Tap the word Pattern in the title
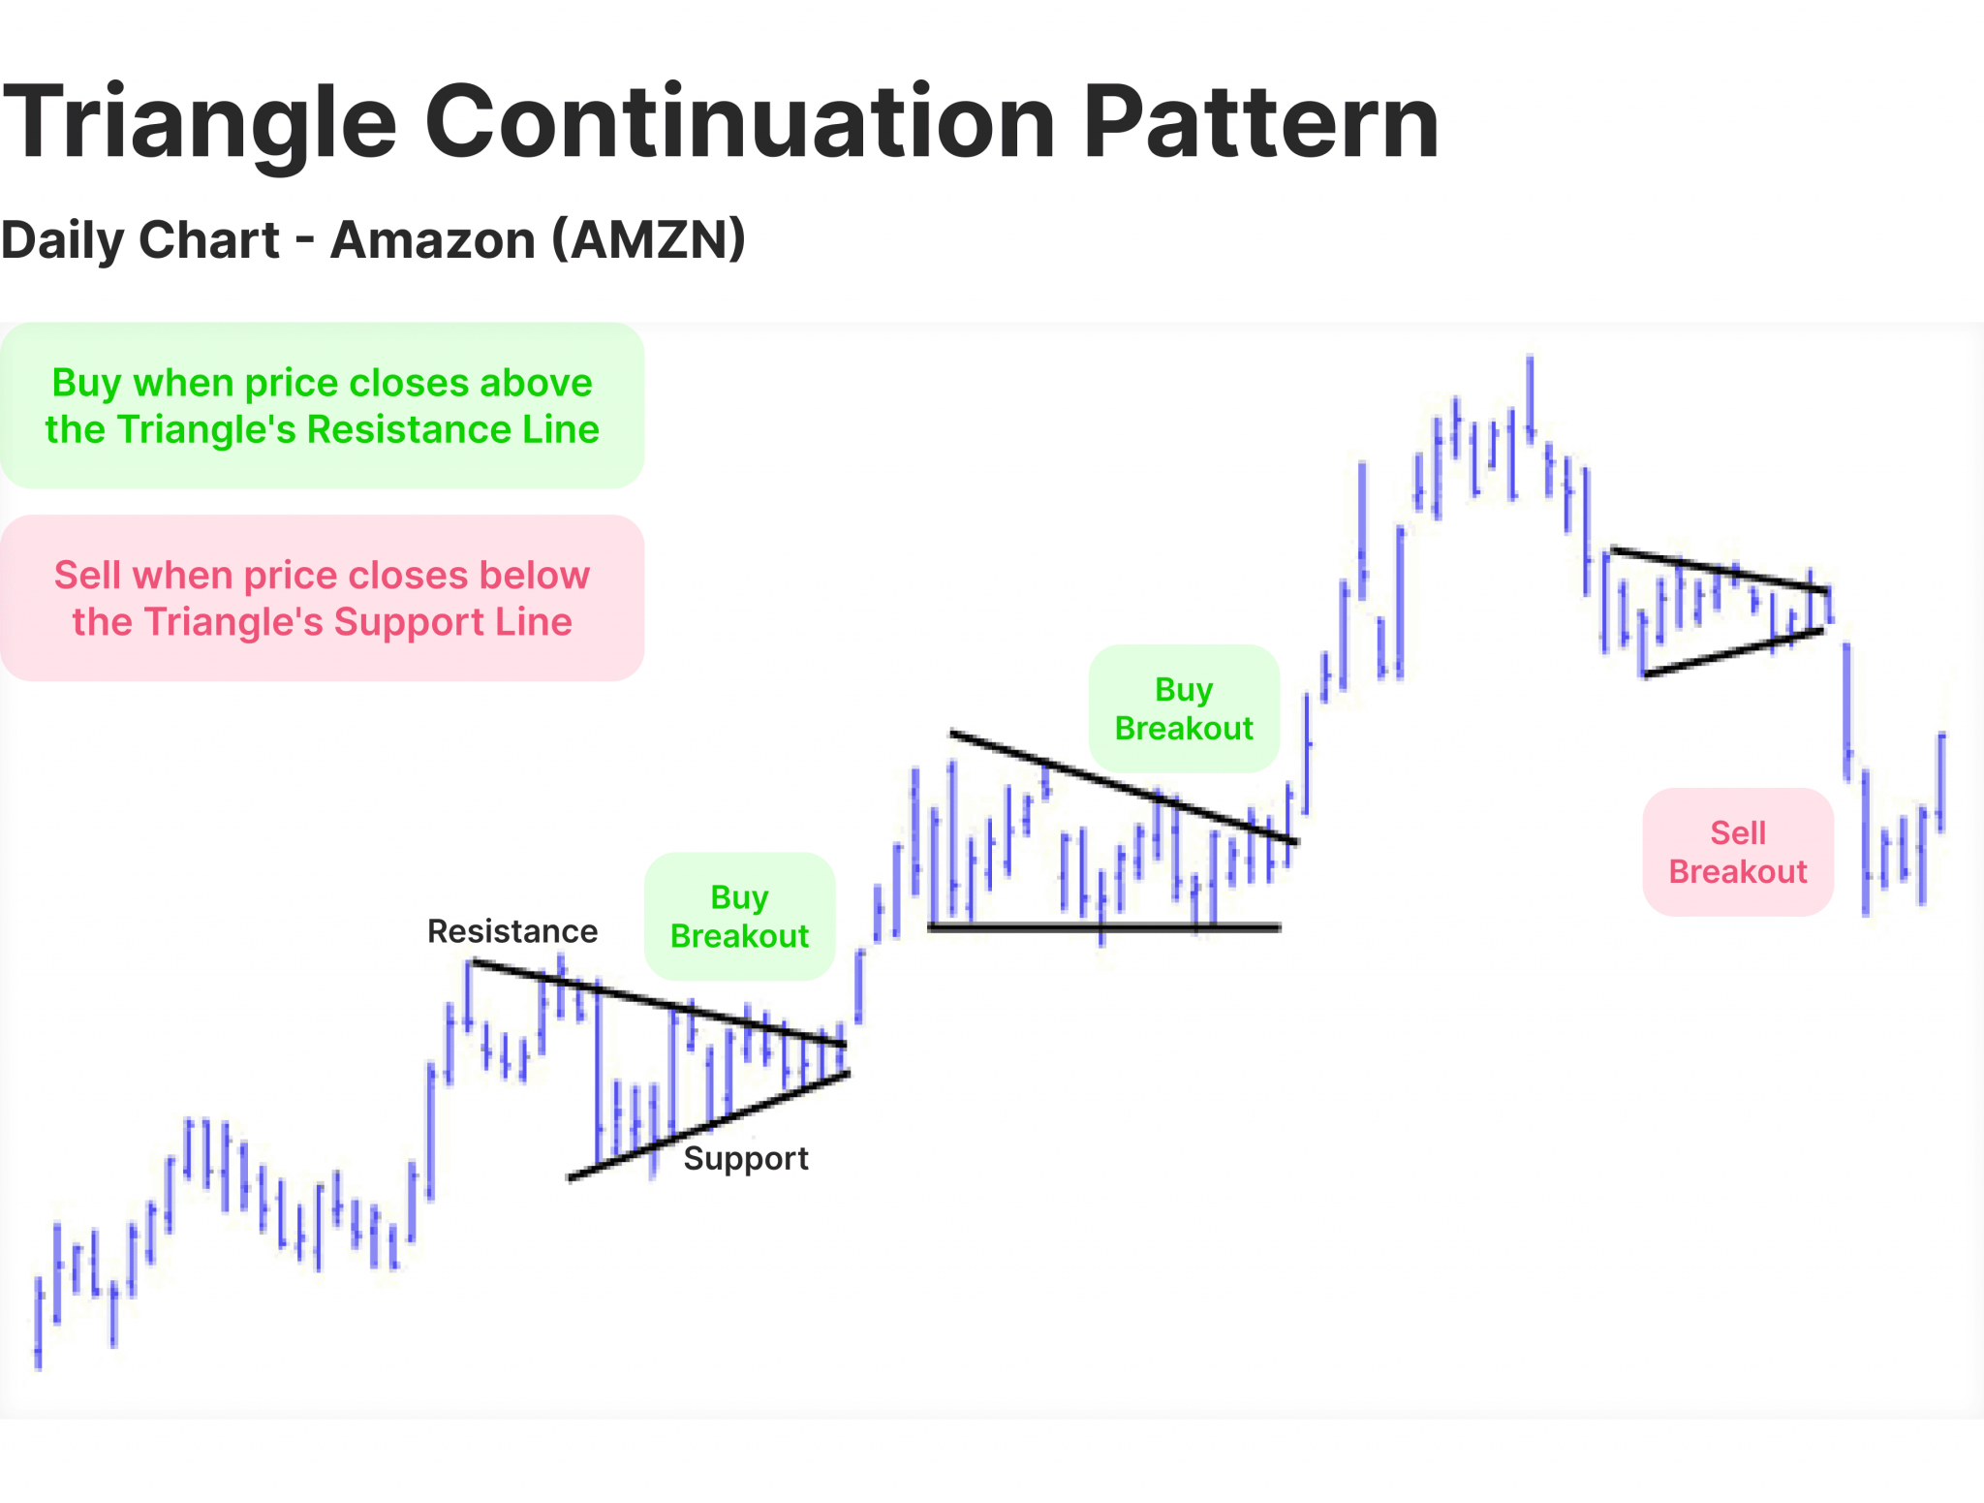(x=1260, y=122)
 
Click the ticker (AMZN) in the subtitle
(x=648, y=239)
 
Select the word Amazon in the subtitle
(x=432, y=239)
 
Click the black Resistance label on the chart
(x=511, y=931)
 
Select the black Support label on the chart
(x=745, y=1159)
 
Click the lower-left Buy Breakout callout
(x=739, y=917)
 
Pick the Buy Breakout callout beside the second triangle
(x=1183, y=708)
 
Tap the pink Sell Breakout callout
(x=1737, y=852)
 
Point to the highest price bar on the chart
(x=1530, y=397)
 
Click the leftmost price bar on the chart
(x=39, y=1323)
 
